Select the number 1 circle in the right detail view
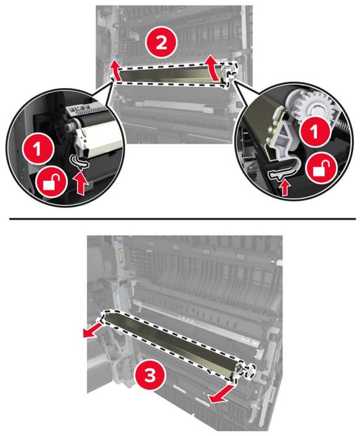pyautogui.click(x=314, y=133)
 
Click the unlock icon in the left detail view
pyautogui.click(x=52, y=183)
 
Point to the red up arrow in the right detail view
pyautogui.click(x=284, y=187)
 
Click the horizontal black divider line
pyautogui.click(x=182, y=219)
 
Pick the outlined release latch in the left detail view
pyautogui.click(x=80, y=162)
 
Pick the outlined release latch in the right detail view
pyautogui.click(x=279, y=175)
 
